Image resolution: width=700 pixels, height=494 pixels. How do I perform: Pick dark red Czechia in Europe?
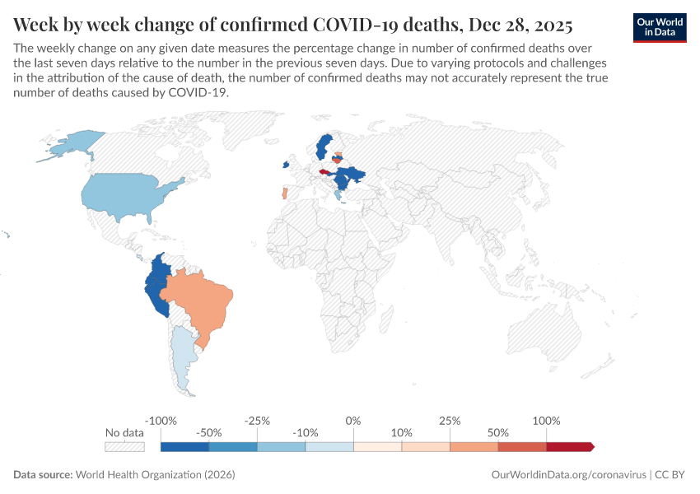(324, 172)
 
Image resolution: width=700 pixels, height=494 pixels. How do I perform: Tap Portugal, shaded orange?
(284, 193)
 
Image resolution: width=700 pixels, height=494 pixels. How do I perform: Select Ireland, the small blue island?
(285, 165)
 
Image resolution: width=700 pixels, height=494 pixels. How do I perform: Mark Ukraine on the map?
(356, 175)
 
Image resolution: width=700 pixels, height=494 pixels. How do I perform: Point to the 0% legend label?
(353, 421)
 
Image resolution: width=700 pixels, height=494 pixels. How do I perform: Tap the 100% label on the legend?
(546, 421)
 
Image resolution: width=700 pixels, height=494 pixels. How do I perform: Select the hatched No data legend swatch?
(124, 447)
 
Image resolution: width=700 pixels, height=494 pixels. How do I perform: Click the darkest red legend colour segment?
(568, 447)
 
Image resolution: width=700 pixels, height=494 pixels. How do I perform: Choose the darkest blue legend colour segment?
(184, 447)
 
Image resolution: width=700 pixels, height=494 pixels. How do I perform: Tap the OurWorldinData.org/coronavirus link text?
(568, 475)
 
